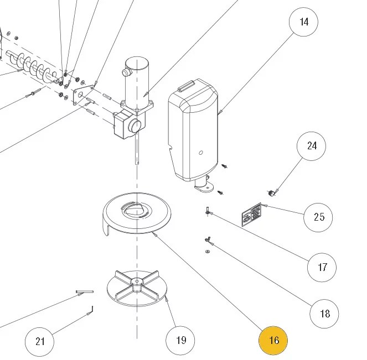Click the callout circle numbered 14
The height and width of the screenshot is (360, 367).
click(x=304, y=22)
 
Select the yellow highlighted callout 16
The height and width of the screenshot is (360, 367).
click(x=274, y=340)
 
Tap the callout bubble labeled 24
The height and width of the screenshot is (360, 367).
click(x=312, y=146)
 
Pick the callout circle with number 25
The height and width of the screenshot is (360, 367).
click(x=319, y=217)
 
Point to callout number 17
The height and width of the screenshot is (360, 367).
click(x=322, y=268)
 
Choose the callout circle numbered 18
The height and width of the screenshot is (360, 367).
click(x=324, y=314)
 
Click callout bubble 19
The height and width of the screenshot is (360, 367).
click(x=181, y=340)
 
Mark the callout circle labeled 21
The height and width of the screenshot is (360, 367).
click(x=40, y=341)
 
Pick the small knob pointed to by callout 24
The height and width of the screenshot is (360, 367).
click(x=271, y=193)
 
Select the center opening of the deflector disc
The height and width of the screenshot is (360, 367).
click(x=135, y=209)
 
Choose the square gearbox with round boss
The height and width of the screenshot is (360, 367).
click(x=127, y=126)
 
